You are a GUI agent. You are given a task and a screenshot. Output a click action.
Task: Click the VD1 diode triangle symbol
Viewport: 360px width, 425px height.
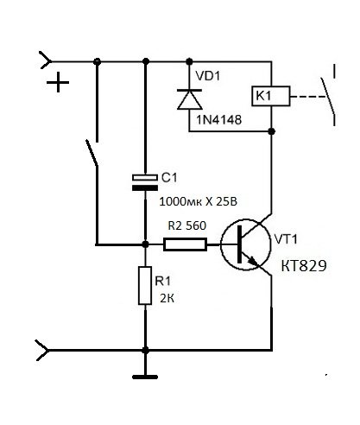[x=189, y=99]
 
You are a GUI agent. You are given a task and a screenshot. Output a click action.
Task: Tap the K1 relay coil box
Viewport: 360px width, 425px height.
[x=271, y=96]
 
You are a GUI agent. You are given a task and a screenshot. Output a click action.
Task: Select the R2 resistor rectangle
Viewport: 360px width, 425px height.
[x=185, y=244]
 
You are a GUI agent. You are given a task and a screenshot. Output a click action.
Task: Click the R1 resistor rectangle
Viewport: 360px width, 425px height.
[x=145, y=286]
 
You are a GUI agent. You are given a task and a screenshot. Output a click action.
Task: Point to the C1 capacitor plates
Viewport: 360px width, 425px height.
[x=145, y=182]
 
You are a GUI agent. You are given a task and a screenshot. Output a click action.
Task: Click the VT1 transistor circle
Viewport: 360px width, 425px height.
[x=245, y=244]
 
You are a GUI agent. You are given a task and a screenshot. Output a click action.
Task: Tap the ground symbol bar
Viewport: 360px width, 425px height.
[x=145, y=377]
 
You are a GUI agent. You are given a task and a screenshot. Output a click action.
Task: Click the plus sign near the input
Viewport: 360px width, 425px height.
[x=58, y=82]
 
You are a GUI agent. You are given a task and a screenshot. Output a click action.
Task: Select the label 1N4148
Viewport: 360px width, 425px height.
[x=218, y=120]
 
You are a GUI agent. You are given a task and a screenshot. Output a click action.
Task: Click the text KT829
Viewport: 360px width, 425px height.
[x=304, y=266]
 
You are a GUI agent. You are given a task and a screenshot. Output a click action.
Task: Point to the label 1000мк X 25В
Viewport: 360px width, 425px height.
[x=199, y=202]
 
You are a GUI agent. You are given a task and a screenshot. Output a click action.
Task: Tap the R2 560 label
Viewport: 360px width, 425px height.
[x=187, y=225]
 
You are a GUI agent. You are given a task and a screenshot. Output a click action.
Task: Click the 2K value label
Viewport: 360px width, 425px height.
[x=167, y=299]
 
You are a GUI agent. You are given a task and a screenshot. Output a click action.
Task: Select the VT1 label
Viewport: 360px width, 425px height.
[x=286, y=239]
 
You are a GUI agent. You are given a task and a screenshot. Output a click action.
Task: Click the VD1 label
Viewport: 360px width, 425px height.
[x=208, y=76]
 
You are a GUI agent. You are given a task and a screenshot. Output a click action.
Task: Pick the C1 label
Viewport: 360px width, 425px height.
[x=169, y=178]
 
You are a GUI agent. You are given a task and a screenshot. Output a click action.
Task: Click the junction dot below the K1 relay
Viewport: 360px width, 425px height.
[x=271, y=131]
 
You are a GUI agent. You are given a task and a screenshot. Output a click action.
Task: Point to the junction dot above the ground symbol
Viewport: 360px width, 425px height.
[x=145, y=351]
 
